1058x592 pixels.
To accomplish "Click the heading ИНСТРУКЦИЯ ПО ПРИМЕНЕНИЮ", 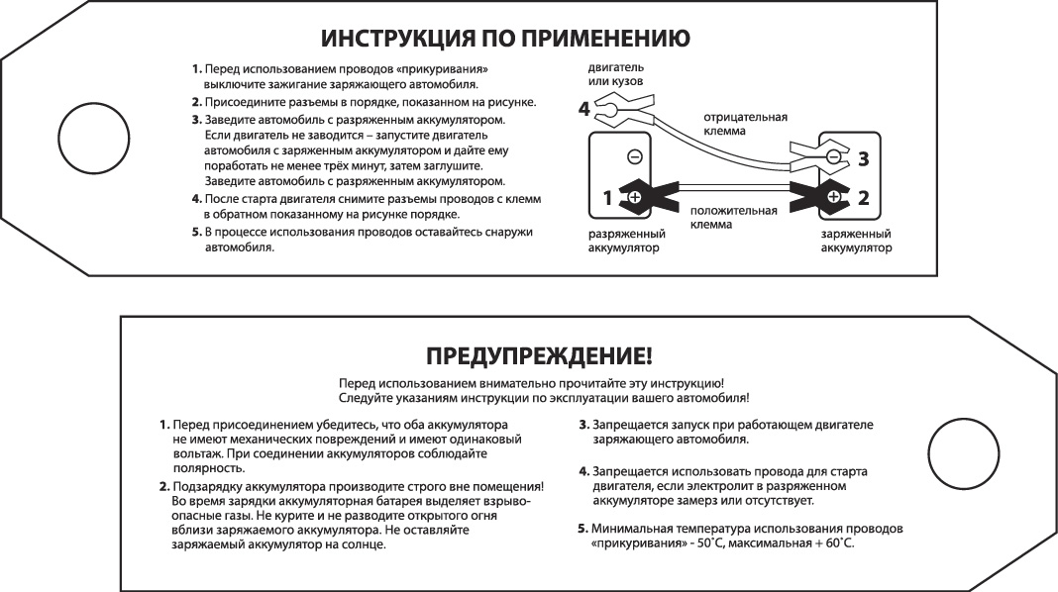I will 505,39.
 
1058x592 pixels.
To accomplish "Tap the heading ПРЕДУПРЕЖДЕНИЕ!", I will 538,355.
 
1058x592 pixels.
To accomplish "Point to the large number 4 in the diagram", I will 584,108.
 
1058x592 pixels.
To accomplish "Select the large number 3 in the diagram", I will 863,157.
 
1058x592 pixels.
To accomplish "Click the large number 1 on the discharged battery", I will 607,197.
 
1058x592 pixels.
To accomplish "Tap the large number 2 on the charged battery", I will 863,197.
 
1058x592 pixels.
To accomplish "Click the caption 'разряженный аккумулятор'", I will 625,241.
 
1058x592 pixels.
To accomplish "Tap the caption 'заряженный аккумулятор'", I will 856,241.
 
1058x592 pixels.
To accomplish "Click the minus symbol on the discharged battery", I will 635,156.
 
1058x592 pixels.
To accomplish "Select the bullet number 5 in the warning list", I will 583,529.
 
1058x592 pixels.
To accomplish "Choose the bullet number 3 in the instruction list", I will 196,120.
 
